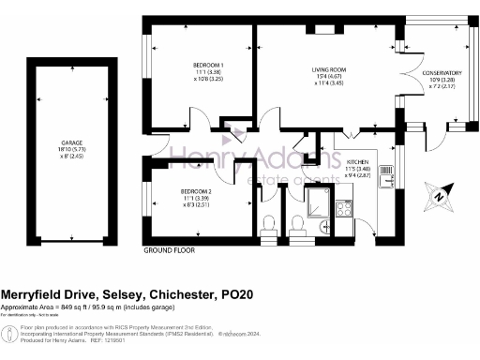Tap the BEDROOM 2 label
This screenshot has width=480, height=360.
(200, 190)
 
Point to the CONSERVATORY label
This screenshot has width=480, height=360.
(441, 73)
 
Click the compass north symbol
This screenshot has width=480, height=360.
(436, 197)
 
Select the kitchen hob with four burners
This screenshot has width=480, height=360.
(343, 208)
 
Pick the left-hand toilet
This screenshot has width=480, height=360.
(269, 223)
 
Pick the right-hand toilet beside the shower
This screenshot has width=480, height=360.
(297, 223)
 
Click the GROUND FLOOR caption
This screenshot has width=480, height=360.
(168, 251)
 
